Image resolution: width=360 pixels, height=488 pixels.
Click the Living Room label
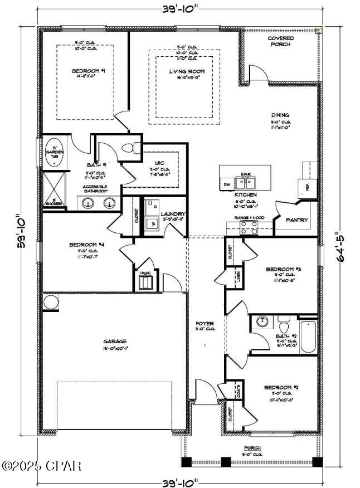point(183,71)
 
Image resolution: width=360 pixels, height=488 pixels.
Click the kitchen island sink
point(245,182)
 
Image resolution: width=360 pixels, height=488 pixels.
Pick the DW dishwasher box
point(227,184)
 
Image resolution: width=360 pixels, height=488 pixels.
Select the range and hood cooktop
point(249,227)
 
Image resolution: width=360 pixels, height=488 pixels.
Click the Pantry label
point(296,220)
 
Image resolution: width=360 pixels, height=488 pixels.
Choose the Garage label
point(114,341)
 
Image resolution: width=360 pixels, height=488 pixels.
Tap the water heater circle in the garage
point(51,302)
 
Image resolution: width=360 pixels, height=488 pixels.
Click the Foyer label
point(204,323)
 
